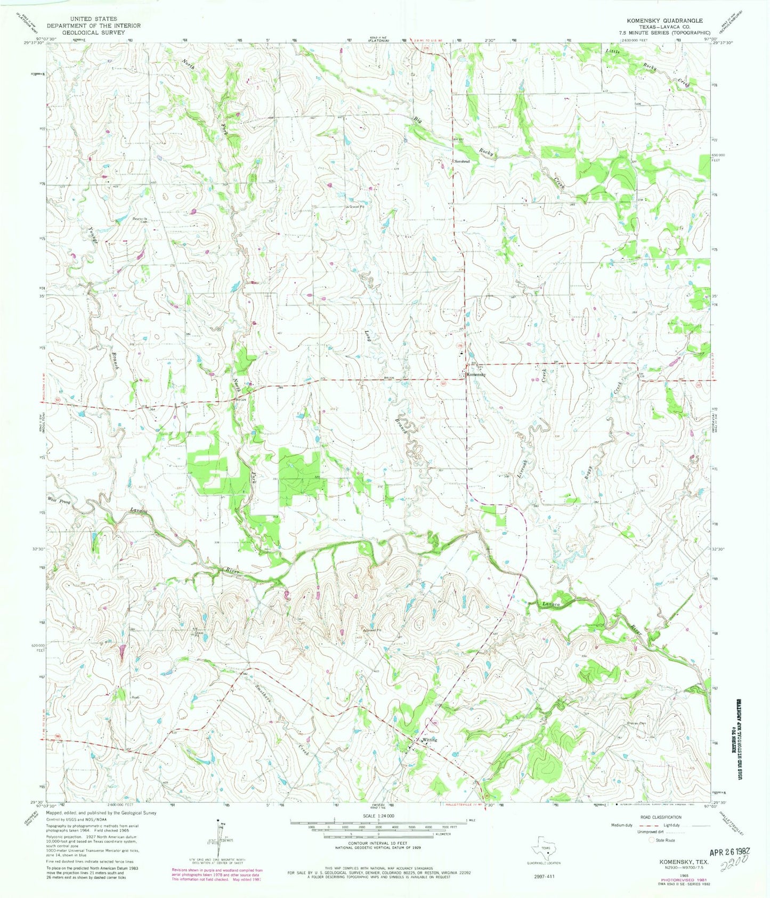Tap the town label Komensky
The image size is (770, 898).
coord(476,374)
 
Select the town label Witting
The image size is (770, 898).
coord(429,740)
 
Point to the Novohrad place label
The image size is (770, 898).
coord(461,161)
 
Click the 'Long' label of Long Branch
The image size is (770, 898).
coord(368,337)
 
